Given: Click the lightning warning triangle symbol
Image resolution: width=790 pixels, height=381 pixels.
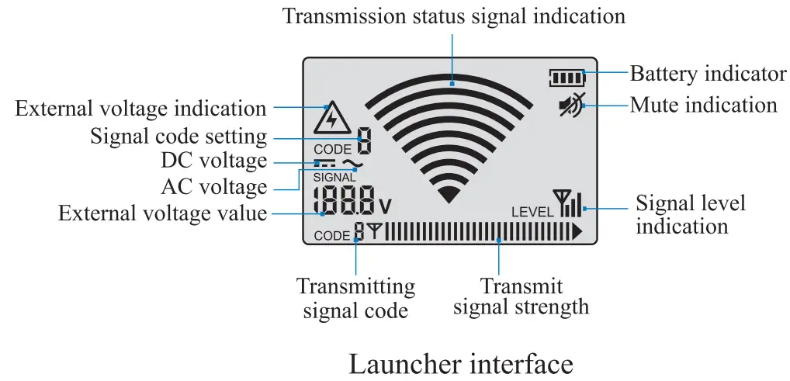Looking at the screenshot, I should (x=332, y=119).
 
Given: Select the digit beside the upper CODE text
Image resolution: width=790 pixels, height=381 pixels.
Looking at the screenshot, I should (x=363, y=141).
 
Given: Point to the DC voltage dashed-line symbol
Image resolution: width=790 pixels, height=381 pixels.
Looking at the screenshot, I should (x=324, y=163).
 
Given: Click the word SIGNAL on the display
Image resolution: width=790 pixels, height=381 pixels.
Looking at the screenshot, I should (x=334, y=177).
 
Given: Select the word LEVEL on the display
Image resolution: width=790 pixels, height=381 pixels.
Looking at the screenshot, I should (x=532, y=211).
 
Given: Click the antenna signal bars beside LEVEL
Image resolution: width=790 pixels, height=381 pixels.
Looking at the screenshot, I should (x=568, y=203).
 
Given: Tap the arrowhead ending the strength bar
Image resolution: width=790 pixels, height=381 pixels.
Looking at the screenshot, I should (x=577, y=231).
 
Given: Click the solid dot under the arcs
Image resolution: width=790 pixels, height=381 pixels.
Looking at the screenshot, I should (x=449, y=193).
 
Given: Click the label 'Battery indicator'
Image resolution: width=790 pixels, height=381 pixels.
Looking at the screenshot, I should (x=708, y=74).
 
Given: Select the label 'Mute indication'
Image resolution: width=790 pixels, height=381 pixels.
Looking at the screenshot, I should (x=703, y=105).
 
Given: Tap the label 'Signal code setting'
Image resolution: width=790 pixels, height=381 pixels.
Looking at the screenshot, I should (x=178, y=137).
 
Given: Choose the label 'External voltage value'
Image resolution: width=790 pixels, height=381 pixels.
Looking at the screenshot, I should (x=162, y=213).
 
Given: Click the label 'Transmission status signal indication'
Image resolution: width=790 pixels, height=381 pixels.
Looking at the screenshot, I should (x=453, y=16).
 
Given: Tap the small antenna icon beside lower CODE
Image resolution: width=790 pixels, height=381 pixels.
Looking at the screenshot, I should (x=375, y=231).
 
